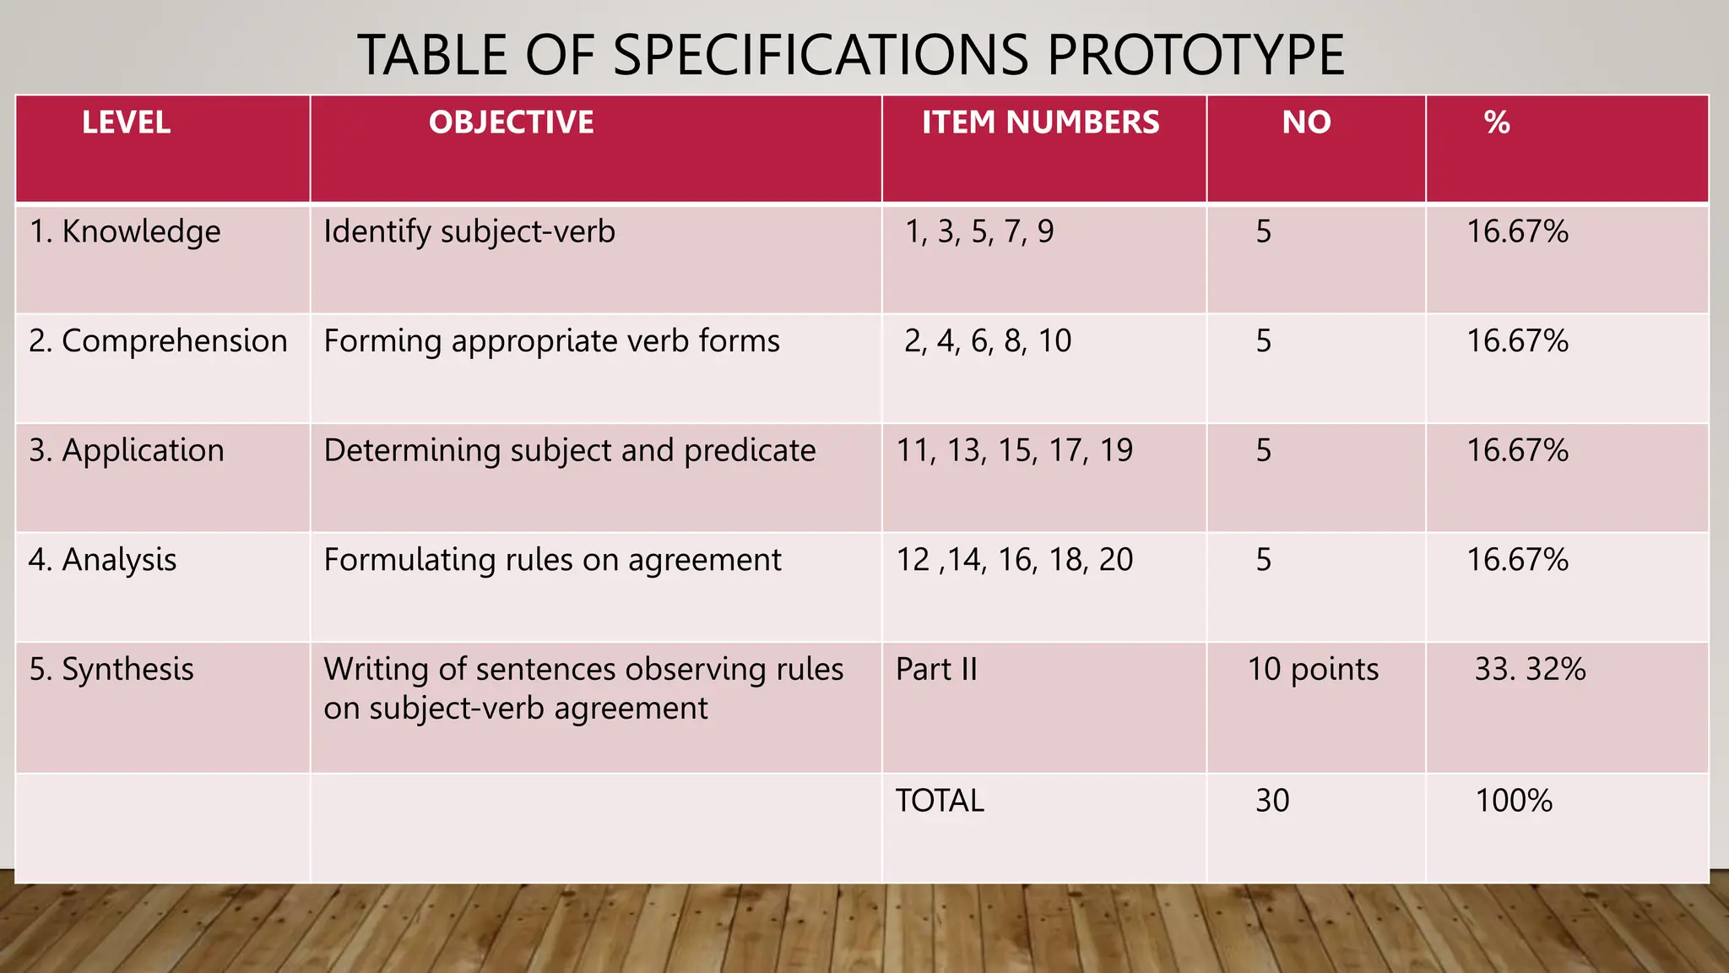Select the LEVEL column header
point(126,123)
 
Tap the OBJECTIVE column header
point(511,123)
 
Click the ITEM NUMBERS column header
point(1040,123)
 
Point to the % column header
point(1497,123)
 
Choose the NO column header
point(1306,123)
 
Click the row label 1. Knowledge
point(125,232)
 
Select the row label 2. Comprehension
point(158,341)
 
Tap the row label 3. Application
point(127,451)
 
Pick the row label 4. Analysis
point(102,560)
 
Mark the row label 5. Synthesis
point(111,670)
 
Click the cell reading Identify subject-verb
point(469,232)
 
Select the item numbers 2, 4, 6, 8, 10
point(988,341)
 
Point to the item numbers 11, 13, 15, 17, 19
point(1014,451)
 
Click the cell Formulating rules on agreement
point(552,560)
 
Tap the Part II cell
point(936,670)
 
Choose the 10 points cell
point(1313,670)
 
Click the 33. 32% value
point(1530,670)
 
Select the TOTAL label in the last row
point(940,801)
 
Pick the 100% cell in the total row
point(1514,801)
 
